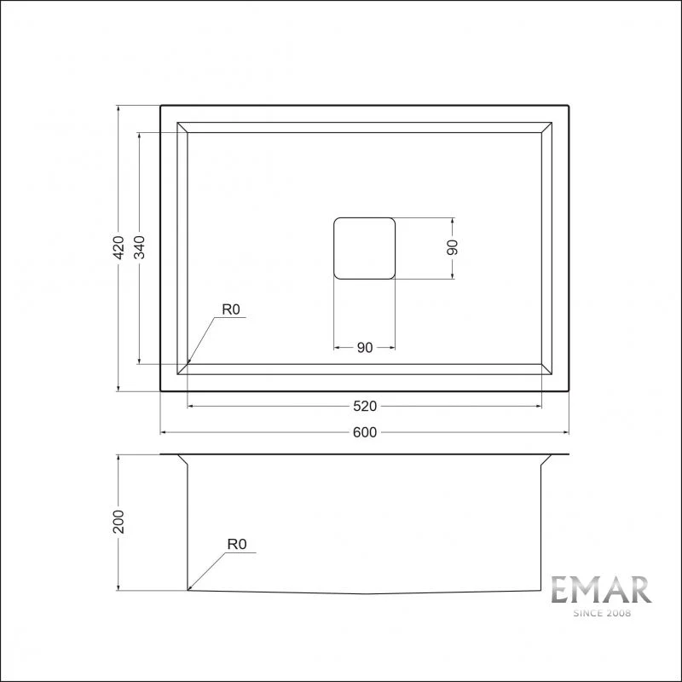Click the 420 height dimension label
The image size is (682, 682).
pos(119,247)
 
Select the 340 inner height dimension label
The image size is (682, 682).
pos(140,247)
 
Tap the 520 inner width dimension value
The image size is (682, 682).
pos(364,406)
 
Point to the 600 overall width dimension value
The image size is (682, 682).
pos(364,432)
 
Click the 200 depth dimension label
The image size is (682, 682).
pos(119,522)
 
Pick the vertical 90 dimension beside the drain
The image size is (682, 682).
pos(453,247)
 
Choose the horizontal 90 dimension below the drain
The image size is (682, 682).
pos(364,347)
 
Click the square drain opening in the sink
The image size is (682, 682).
pos(364,247)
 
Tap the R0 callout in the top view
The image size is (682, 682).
pos(231,309)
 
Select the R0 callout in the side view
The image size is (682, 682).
pos(236,543)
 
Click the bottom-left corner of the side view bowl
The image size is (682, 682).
pos(188,590)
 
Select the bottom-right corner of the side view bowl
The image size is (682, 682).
pos(541,590)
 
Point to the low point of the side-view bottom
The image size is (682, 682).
pos(365,594)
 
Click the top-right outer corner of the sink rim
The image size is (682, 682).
pos(568,106)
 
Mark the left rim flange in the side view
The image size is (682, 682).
pos(171,456)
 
